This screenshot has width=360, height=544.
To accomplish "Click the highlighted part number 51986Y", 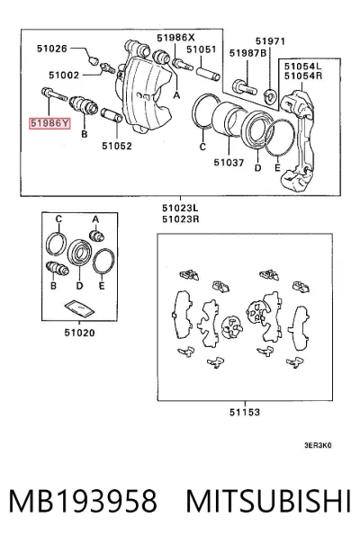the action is click(x=49, y=123).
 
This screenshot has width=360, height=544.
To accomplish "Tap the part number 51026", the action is click(x=52, y=49).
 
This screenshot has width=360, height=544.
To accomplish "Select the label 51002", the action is click(x=64, y=75).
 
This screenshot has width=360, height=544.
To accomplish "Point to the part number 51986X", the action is click(x=175, y=38).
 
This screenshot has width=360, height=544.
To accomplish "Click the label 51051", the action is click(x=201, y=49).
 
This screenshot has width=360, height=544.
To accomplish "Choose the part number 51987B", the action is click(x=247, y=53).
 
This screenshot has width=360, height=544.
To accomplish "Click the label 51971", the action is click(x=270, y=41).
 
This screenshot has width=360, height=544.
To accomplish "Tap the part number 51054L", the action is click(x=302, y=66).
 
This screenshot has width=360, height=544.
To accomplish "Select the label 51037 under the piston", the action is click(x=229, y=162).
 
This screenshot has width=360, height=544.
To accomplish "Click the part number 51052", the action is click(x=117, y=146).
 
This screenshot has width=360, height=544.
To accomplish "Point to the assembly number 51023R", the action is click(x=181, y=218).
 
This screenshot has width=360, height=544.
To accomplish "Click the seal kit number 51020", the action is click(x=79, y=333).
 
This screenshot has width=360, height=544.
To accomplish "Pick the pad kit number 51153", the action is click(x=245, y=412).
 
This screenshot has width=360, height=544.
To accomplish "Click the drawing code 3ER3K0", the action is click(x=318, y=445).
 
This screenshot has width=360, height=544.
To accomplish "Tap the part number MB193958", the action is click(x=83, y=501).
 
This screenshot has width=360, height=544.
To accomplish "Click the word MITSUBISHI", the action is click(x=269, y=501).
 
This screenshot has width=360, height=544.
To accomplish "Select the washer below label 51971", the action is click(x=270, y=94).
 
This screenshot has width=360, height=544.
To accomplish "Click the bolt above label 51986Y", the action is click(x=54, y=94).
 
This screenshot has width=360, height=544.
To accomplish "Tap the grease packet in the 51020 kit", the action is click(x=79, y=308).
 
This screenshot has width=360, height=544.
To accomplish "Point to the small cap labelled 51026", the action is click(x=93, y=61).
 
